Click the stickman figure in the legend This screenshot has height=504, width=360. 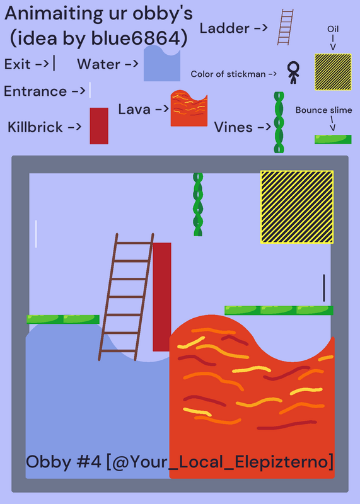click(x=293, y=72)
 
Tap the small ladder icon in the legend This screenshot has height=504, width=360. click(x=286, y=27)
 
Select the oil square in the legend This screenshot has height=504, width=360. click(x=333, y=72)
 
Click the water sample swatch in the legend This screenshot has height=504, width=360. click(x=162, y=64)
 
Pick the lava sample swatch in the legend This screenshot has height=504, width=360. click(x=189, y=108)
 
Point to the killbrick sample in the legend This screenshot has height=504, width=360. click(x=99, y=126)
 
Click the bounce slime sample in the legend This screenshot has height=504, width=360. click(x=333, y=139)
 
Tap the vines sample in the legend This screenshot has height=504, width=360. click(x=279, y=122)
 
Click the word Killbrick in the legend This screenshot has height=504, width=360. click(x=35, y=127)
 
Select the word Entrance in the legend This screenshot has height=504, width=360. click(x=35, y=91)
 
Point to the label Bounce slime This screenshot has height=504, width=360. click(x=323, y=110)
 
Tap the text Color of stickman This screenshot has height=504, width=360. click(x=228, y=74)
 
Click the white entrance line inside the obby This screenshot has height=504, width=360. click(x=36, y=234)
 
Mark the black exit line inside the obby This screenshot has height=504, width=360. click(x=324, y=288)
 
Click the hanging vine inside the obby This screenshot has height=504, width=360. click(x=198, y=204)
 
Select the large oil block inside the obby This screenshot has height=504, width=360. click(x=297, y=207)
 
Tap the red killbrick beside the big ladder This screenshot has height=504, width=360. click(x=162, y=297)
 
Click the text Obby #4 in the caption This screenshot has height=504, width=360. click(x=64, y=462)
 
